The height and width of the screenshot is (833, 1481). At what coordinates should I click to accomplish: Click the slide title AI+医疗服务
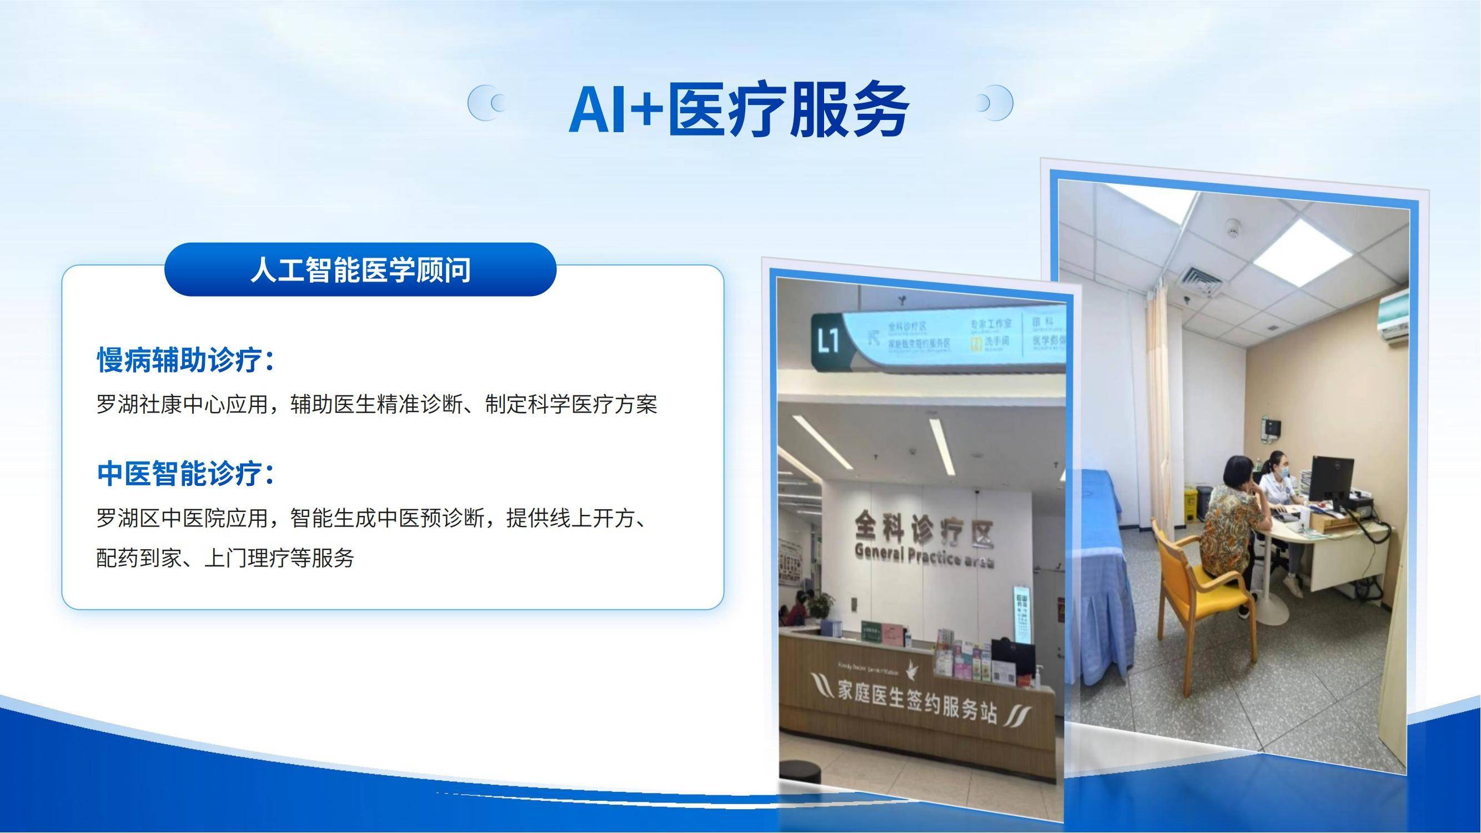pyautogui.click(x=739, y=109)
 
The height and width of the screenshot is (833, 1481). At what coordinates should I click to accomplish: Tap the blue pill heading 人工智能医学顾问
pyautogui.click(x=360, y=270)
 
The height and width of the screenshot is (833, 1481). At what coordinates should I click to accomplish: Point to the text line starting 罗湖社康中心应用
pyautogui.click(x=376, y=404)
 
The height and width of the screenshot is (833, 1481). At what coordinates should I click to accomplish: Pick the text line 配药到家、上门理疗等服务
pyautogui.click(x=225, y=557)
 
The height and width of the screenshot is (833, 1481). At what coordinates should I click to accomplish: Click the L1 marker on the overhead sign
pyautogui.click(x=829, y=342)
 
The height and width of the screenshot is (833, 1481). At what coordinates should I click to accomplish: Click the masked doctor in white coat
pyautogui.click(x=1277, y=483)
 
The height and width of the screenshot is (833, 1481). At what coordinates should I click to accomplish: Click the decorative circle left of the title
pyautogui.click(x=486, y=103)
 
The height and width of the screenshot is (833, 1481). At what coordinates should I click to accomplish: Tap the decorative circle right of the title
pyautogui.click(x=994, y=103)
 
